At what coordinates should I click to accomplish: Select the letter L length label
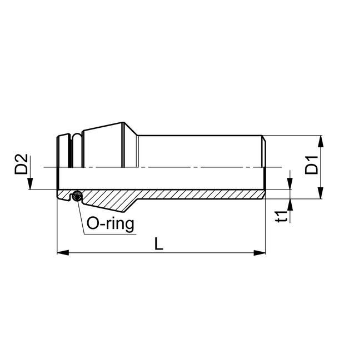[x=159, y=245]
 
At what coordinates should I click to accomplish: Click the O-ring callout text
[x=111, y=225]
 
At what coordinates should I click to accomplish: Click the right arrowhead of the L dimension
[x=261, y=253]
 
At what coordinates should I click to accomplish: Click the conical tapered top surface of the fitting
[x=100, y=128]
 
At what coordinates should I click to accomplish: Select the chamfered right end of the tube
[x=264, y=139]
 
